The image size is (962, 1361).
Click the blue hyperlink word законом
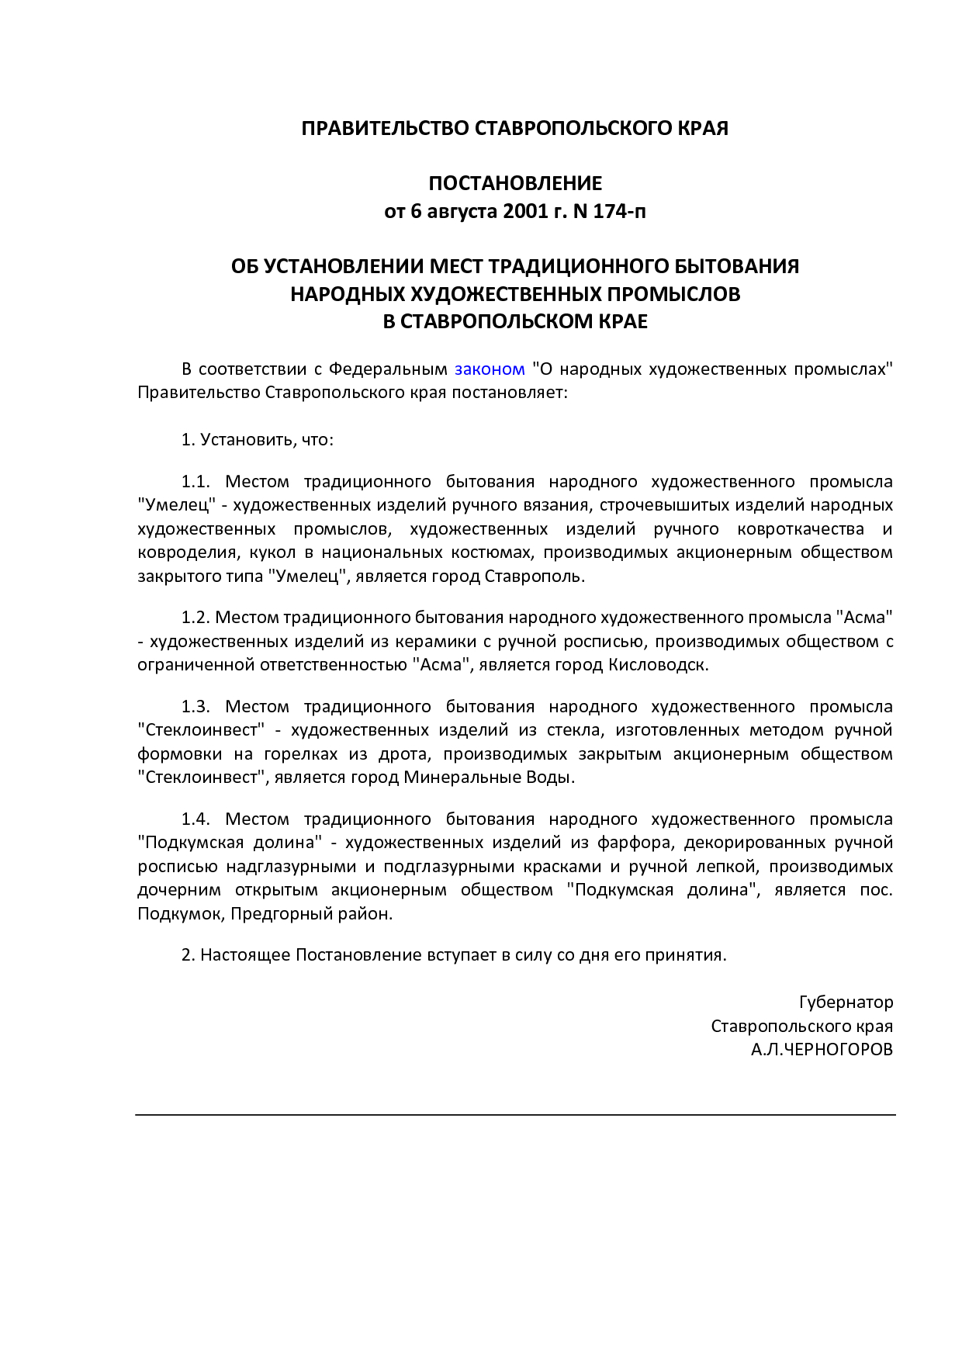point(490,369)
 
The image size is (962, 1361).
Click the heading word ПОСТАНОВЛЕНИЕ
point(515,184)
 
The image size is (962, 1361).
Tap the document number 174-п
point(619,211)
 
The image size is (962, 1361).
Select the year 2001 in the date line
point(526,211)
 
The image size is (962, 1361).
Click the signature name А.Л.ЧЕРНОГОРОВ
point(822,1050)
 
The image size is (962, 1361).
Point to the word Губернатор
point(846,1003)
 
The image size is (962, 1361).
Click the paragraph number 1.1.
point(196,482)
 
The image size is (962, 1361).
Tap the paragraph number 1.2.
point(196,618)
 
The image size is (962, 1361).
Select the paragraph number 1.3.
point(196,707)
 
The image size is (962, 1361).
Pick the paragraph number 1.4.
point(196,819)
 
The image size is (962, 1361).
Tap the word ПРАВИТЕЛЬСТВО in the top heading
point(385,129)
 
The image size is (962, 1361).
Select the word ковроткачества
point(800,529)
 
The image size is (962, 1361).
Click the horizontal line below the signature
point(515,1115)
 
